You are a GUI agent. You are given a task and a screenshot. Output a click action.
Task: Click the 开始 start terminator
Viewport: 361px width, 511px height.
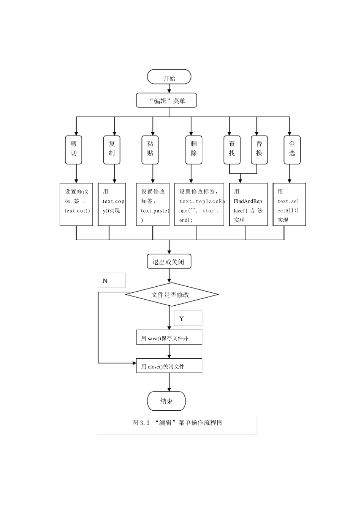coord(169,77)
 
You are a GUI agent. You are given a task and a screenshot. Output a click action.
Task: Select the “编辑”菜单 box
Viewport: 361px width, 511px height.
coord(167,101)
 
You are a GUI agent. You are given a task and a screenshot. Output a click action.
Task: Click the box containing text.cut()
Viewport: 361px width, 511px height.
coord(76,205)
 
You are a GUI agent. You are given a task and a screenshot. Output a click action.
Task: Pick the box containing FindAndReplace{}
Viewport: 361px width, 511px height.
coord(248,205)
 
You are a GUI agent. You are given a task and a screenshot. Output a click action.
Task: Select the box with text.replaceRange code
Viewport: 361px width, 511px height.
coord(199,205)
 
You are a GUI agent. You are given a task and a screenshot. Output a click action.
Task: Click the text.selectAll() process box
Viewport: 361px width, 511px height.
coord(289,205)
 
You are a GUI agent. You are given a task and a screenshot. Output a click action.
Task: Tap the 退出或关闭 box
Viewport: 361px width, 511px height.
coord(169,262)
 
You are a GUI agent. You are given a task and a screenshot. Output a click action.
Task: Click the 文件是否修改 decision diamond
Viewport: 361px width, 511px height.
coord(172,294)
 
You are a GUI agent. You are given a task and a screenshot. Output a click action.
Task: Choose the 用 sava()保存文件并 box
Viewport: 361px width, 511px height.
coord(169,337)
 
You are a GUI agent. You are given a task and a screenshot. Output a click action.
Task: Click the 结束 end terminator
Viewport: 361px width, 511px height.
coord(166,401)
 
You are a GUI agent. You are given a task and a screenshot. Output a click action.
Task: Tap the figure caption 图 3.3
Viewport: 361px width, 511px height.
coord(177,423)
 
